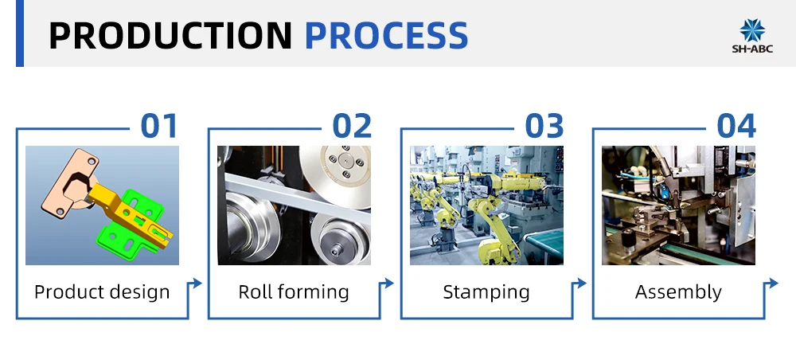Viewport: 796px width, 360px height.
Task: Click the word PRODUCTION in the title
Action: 170,35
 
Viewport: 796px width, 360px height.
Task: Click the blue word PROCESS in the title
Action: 386,35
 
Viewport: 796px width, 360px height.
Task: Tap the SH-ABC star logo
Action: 752,30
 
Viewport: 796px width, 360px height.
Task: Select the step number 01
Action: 159,126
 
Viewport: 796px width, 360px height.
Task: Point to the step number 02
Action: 352,126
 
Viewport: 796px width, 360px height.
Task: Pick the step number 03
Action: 544,126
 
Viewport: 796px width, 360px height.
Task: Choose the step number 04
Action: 736,126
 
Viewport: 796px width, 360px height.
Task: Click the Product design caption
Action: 102,292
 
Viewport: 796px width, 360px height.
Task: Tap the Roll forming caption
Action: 294,292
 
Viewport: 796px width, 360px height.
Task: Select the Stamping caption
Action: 486,292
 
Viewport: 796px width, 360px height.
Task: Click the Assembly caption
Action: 678,292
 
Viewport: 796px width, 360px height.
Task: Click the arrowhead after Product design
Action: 197,283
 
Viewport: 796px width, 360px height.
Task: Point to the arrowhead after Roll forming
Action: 389,283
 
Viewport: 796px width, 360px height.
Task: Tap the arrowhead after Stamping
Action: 582,283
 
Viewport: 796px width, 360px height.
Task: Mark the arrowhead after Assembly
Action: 774,283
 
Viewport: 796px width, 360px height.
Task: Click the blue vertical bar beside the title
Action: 20,33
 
